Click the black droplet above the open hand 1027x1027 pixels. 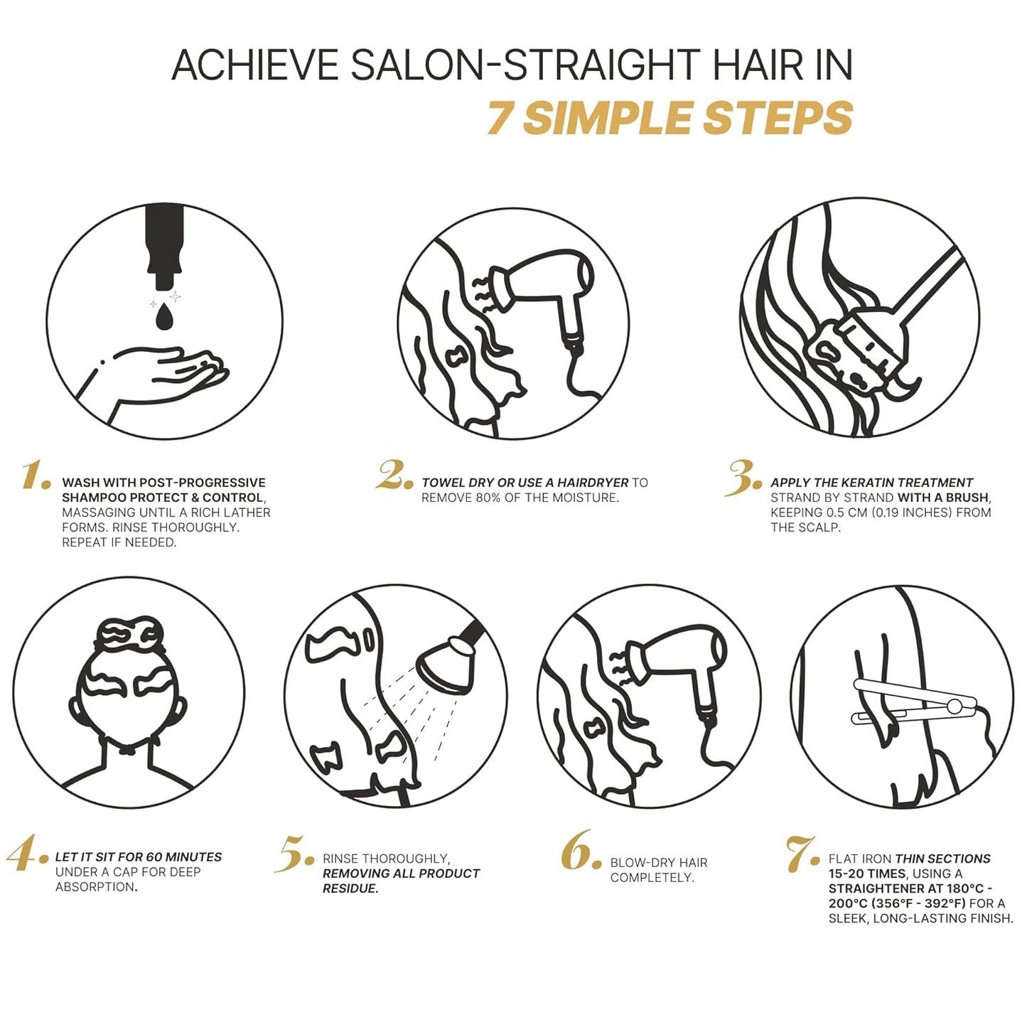(165, 317)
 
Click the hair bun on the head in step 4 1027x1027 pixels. (129, 633)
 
